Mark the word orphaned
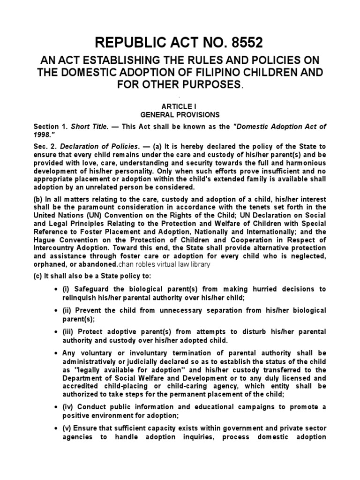[x=49, y=264]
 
